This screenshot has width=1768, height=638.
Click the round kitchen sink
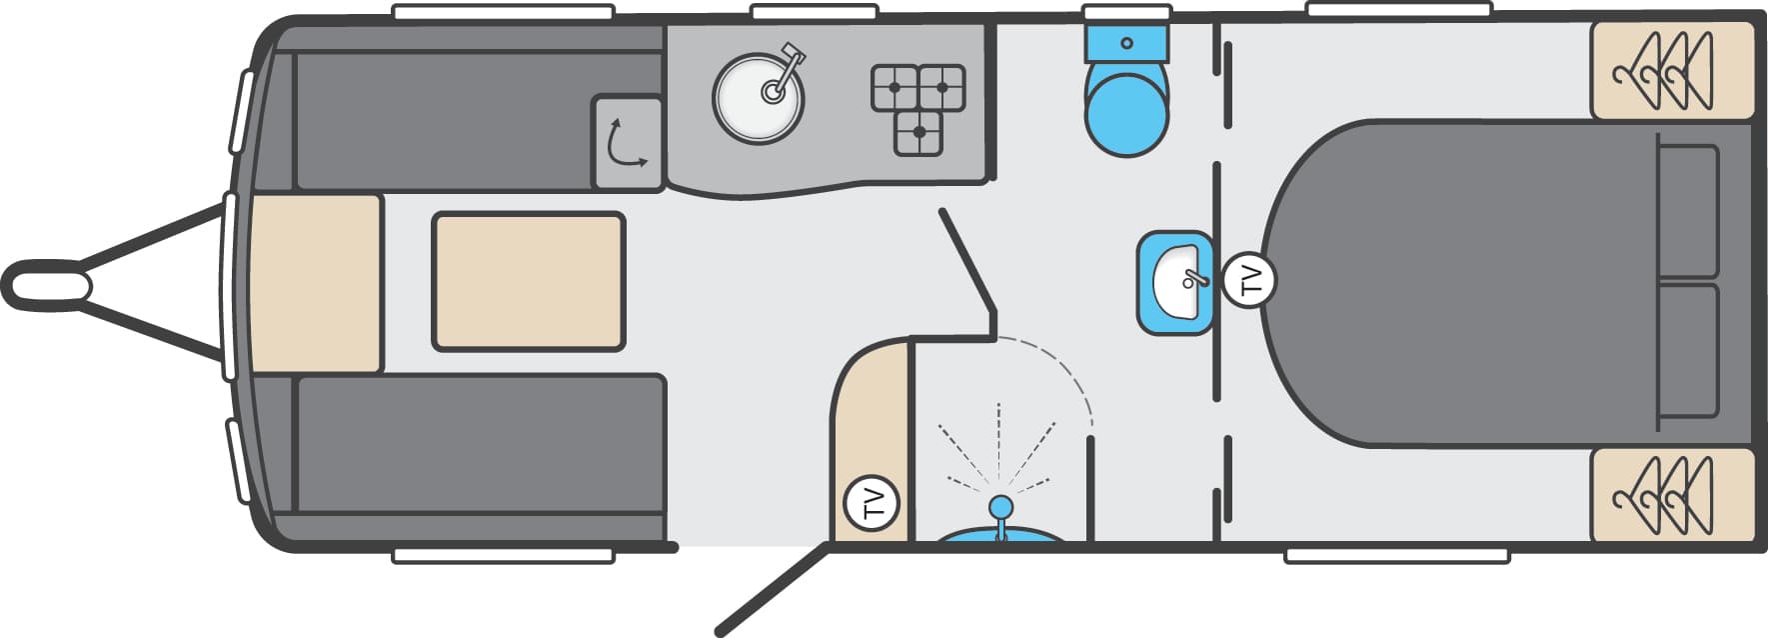pos(759,98)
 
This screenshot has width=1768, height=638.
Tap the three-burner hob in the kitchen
pos(918,109)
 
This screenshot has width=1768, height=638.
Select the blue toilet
pos(1126,91)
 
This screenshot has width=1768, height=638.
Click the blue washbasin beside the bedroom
pos(1175,282)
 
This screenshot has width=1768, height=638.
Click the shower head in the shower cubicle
pos(999,508)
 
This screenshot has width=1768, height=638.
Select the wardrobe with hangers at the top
pos(1673,70)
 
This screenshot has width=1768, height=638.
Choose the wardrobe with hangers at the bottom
pos(1673,496)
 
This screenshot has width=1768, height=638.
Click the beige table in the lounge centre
pos(529,281)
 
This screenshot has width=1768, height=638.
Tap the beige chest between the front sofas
pos(316,284)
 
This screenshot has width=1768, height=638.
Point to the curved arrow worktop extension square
pos(628,142)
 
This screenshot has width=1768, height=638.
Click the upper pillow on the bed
pos(1687,211)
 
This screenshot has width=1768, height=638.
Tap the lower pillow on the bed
pos(1687,351)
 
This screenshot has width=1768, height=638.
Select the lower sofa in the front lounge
pos(481,457)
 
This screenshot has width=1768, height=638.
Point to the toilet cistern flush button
pos(1126,44)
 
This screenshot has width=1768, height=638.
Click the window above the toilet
pos(1126,12)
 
